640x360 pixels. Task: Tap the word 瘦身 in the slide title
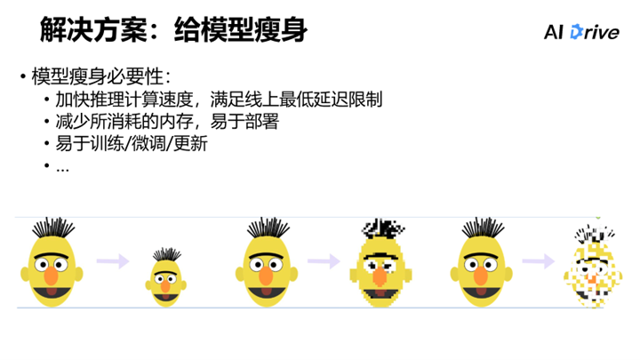[x=280, y=30]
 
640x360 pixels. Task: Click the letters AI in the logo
[x=555, y=33]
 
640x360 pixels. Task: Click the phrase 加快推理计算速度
[x=116, y=98]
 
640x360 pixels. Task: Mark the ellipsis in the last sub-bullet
[x=62, y=165]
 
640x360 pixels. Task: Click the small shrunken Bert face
[x=165, y=276]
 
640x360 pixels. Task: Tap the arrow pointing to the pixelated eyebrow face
[x=324, y=261]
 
